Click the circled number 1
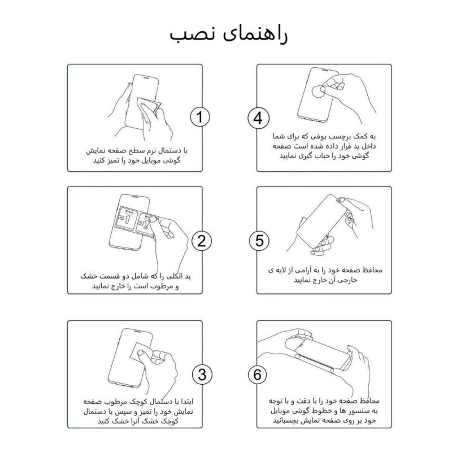pos(199,117)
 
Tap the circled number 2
pos(199,241)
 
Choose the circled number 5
pos(258,241)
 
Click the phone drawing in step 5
pos(319,220)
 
